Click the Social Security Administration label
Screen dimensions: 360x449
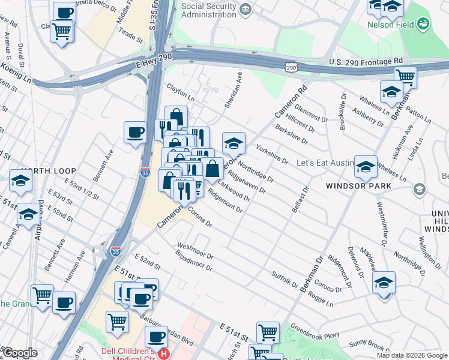208,10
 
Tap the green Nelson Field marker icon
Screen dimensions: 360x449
424,23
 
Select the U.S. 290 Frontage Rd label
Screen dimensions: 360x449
365,62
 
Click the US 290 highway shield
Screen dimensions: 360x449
291,68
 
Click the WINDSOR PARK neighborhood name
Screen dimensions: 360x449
359,186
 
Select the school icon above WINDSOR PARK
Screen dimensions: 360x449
366,166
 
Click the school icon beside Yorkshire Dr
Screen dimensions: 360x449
234,143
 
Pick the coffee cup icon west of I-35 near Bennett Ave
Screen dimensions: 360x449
135,131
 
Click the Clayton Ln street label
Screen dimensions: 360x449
181,92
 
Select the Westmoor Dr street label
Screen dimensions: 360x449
195,251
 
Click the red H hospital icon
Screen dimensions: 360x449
163,354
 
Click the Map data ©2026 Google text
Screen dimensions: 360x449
411,355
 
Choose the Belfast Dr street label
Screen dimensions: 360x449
299,198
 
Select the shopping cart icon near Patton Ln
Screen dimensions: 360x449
405,77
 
